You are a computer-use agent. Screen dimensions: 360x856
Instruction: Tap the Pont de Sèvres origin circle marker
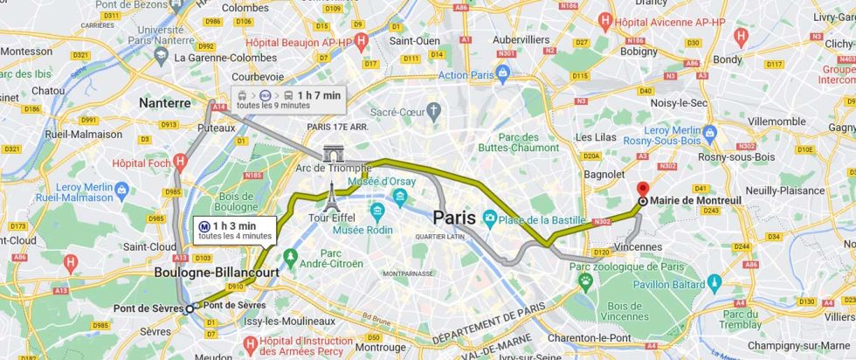click(190, 308)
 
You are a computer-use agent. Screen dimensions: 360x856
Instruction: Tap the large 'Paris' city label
click(454, 218)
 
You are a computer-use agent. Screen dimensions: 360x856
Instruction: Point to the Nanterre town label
click(164, 103)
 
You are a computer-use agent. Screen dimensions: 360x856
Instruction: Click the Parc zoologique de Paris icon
click(583, 280)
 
